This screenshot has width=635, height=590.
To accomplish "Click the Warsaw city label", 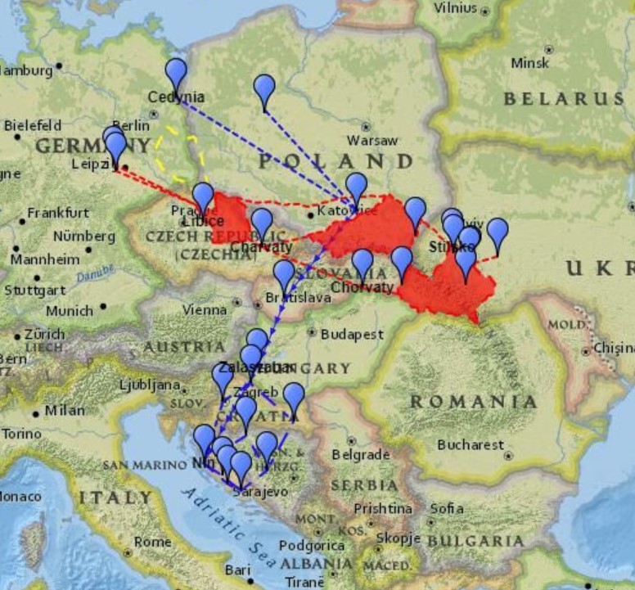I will click(x=372, y=141).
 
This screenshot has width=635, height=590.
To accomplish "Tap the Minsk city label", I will click(x=529, y=63).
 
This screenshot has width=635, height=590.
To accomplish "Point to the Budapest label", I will click(x=352, y=335).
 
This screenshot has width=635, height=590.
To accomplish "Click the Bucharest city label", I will click(x=471, y=445).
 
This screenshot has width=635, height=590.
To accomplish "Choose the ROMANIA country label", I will click(x=474, y=402).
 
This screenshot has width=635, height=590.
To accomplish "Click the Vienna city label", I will click(x=205, y=310).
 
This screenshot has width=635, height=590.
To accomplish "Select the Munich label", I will click(x=70, y=311).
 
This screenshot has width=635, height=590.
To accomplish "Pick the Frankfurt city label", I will click(x=58, y=213).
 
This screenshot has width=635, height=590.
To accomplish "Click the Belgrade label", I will click(x=361, y=454).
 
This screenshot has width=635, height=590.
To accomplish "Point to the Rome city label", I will click(x=152, y=542).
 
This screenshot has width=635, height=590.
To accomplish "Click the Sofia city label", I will click(x=447, y=508).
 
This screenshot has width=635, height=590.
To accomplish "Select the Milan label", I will click(x=65, y=410).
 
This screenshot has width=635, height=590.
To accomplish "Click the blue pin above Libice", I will click(x=203, y=197).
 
